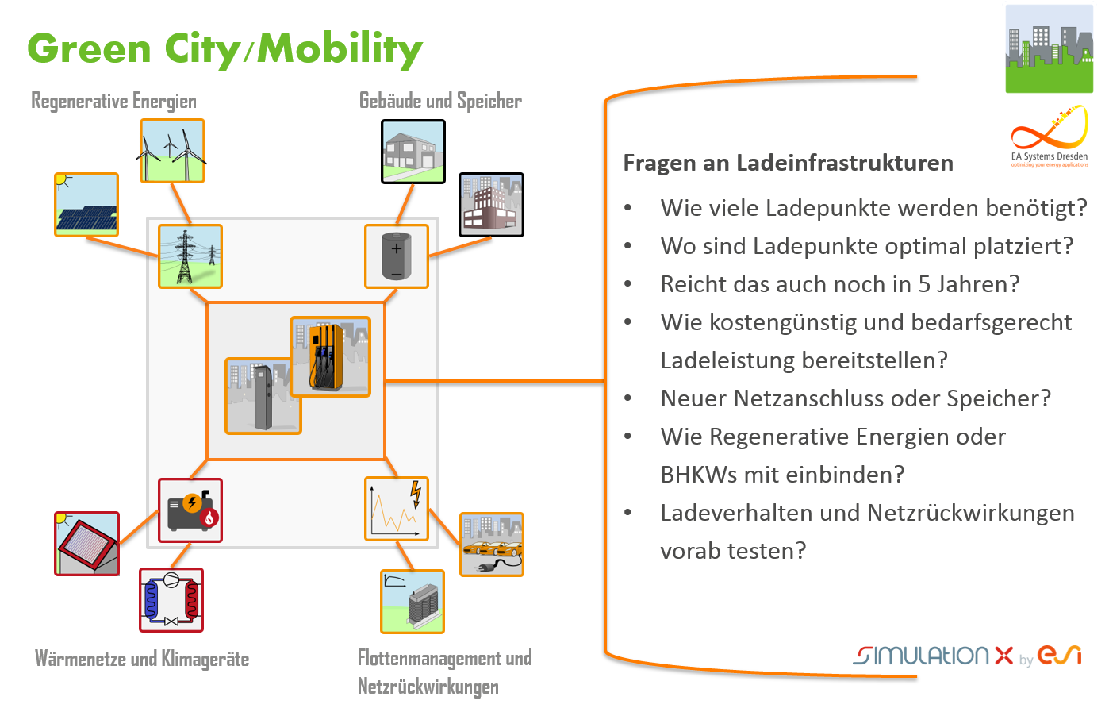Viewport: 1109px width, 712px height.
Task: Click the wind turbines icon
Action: (172, 151)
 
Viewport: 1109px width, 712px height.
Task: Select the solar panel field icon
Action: (86, 205)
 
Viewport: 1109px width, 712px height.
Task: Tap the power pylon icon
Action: (190, 256)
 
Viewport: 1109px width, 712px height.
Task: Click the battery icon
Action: (397, 256)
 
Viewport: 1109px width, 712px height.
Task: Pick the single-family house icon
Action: (413, 152)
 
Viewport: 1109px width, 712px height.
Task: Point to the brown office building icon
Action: (491, 205)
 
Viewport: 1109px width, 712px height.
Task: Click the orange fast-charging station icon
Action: (330, 356)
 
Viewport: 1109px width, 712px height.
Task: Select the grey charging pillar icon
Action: (263, 396)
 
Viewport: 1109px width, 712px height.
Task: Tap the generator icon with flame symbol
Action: (190, 510)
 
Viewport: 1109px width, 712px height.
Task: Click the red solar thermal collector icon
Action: (87, 544)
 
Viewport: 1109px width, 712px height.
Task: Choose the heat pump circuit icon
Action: (171, 600)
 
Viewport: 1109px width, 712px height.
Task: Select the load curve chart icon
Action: (397, 509)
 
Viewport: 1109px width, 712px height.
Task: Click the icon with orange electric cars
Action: (492, 545)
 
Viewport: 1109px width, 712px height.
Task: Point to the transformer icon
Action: (413, 602)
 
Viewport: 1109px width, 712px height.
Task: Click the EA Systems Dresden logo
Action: (1049, 137)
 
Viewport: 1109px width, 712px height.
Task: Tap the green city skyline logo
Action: (1049, 48)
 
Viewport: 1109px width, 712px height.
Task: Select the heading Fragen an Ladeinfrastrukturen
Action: (789, 163)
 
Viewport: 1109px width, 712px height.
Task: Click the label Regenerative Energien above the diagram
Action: (114, 102)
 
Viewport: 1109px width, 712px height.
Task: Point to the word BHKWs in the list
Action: (699, 475)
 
